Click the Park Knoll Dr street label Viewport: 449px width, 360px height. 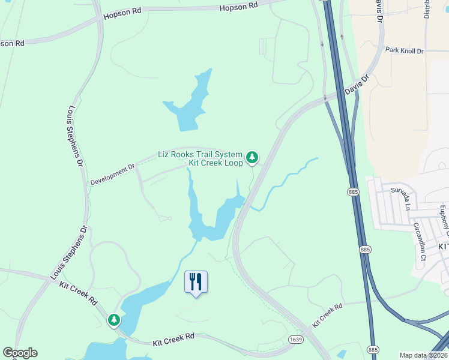pos(404,51)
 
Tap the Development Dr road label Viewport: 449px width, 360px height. pos(113,174)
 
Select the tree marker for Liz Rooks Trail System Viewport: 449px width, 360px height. pos(253,158)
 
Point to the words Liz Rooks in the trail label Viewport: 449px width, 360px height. pos(176,154)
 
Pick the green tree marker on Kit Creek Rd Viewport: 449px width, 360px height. pos(114,320)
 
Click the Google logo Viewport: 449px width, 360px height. pos(20,353)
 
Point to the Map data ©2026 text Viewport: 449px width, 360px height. pos(424,355)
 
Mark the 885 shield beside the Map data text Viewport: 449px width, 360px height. pos(373,350)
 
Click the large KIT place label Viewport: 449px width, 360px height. pos(443,247)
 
